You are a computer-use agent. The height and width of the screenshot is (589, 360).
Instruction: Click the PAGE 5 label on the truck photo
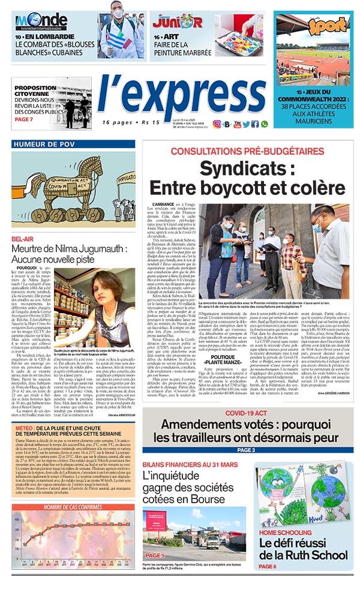155,555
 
